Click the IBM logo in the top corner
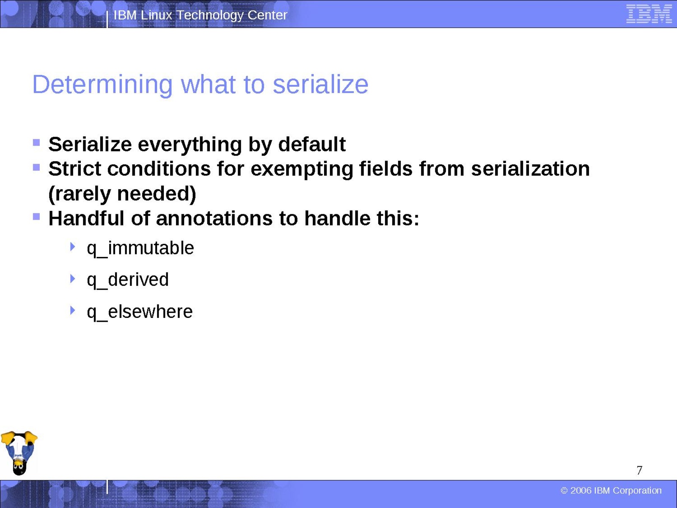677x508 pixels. point(649,14)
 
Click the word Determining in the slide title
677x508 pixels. point(102,85)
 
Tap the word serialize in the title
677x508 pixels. point(320,85)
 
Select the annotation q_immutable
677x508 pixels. point(140,248)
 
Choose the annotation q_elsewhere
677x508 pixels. point(140,312)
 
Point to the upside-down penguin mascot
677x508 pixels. point(19,453)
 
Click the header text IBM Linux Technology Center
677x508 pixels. point(201,15)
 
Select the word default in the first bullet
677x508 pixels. point(312,144)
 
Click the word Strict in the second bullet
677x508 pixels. point(74,169)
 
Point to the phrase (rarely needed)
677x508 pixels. point(122,194)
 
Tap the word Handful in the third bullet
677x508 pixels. point(86,218)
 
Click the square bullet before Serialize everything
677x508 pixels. point(36,143)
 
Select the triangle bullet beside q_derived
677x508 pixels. point(73,279)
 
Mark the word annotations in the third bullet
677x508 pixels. point(214,218)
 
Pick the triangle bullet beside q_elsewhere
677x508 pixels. point(73,310)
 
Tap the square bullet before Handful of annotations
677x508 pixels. point(36,217)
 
